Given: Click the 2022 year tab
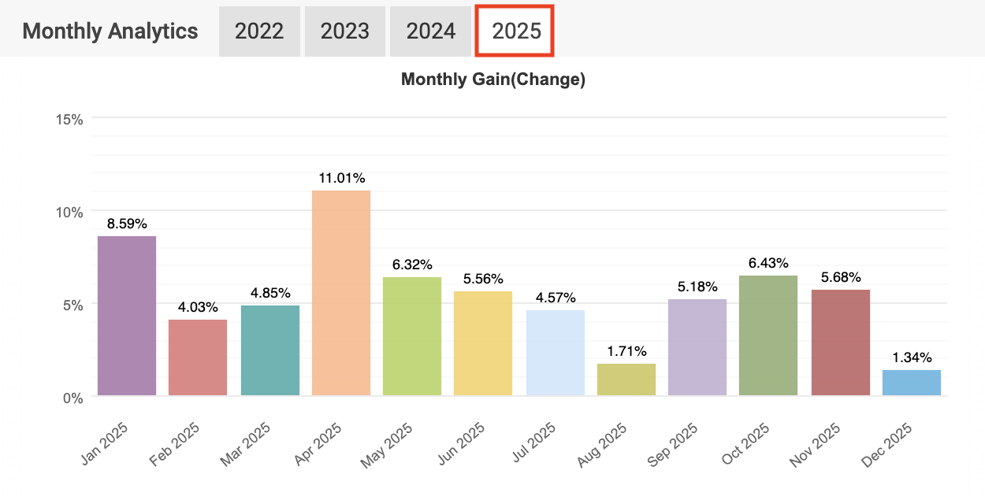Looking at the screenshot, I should point(259,31).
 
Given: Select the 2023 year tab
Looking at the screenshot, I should point(345,31).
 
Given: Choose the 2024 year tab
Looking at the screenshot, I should point(431,31).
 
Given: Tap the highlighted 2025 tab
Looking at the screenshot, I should point(516,31).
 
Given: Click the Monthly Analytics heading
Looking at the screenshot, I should point(110,31).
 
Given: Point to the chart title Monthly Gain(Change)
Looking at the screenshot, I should point(493,80).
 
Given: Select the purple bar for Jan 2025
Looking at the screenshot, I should point(127,315).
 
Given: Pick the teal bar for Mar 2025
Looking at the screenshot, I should point(270,350).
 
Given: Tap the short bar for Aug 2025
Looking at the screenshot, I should point(626,379).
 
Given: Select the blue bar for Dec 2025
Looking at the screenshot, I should point(912,383).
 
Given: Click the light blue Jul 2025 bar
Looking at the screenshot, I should point(556,353).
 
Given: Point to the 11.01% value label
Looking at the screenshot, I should point(341,178).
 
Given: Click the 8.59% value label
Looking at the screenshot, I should point(127,223).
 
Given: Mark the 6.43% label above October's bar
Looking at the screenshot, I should point(768,263).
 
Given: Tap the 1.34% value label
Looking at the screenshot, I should point(912,357).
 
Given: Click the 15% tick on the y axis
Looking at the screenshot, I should point(69,119).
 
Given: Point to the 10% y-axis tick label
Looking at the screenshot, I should point(69,212).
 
